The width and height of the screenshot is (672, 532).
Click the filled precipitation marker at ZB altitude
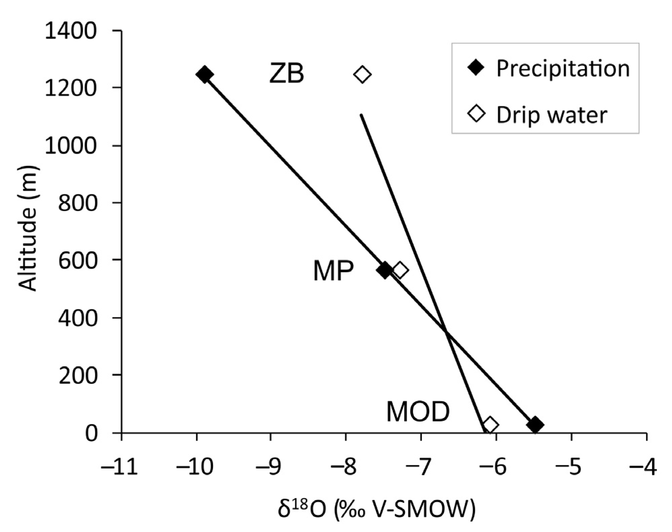204,74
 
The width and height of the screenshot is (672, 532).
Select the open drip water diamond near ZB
362,74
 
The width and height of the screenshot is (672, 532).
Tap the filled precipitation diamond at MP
384,270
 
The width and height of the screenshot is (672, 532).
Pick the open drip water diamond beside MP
400,270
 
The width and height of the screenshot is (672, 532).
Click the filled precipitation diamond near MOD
535,424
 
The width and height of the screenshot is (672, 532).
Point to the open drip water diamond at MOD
490,424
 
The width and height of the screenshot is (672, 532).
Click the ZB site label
287,74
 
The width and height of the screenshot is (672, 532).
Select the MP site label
333,271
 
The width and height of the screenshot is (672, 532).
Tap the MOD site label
418,412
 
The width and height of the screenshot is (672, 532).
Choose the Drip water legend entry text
552,115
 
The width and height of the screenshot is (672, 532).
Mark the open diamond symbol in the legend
477,114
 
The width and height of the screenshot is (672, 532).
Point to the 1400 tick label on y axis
71,32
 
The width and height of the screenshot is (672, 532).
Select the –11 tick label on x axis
119,467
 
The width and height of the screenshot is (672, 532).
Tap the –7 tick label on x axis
419,467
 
